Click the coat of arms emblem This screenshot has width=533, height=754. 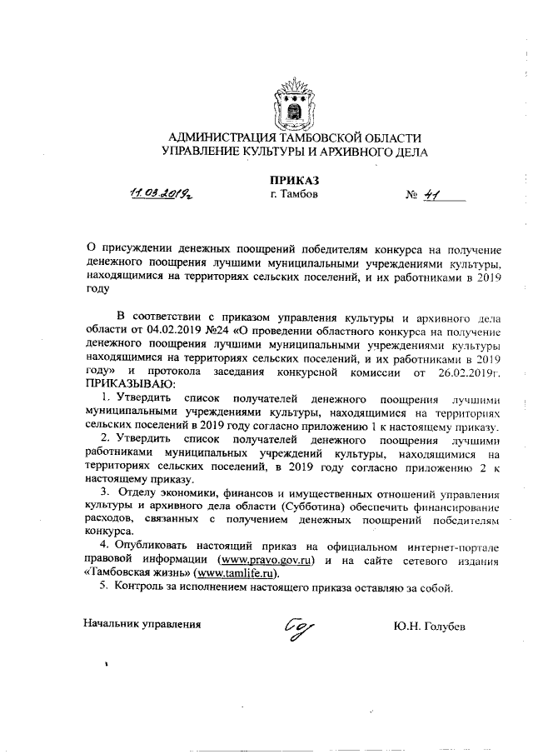pyautogui.click(x=294, y=102)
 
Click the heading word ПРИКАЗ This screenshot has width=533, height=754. pyautogui.click(x=294, y=179)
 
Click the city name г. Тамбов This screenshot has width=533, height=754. pyautogui.click(x=294, y=195)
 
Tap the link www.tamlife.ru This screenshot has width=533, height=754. pyautogui.click(x=236, y=573)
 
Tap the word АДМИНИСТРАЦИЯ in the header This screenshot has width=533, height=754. pyautogui.click(x=218, y=137)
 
